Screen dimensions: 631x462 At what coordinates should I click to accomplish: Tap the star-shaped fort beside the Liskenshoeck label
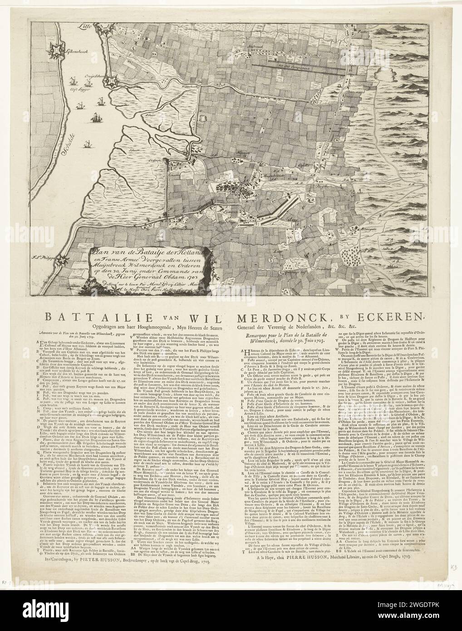tap(59, 49)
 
